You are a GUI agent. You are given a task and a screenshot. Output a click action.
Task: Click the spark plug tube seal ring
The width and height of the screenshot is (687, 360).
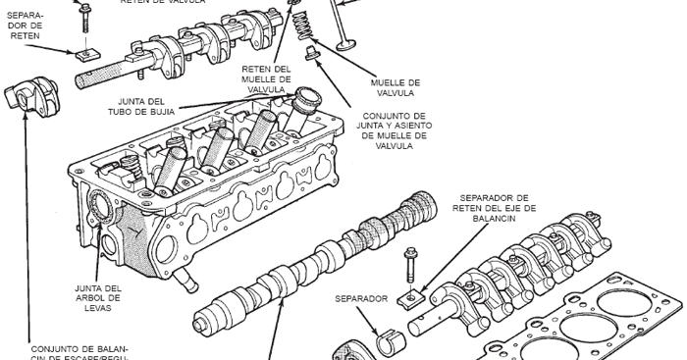point(307,97)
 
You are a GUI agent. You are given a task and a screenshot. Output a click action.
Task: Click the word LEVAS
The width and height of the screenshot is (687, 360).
point(97,308)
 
